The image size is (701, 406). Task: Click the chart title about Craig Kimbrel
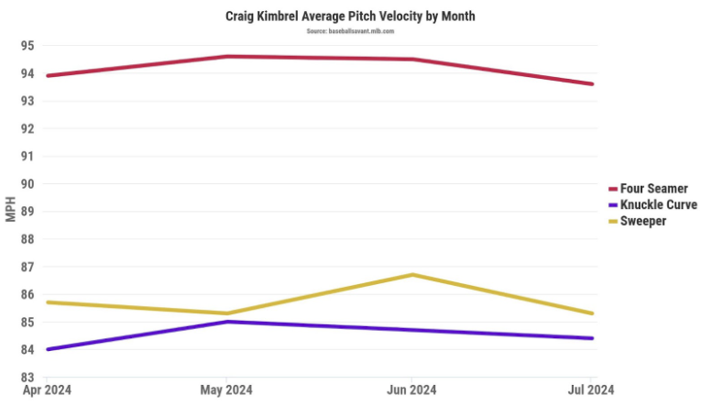[350, 16]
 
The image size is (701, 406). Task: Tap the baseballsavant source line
[350, 31]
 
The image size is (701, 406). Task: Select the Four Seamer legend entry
[653, 189]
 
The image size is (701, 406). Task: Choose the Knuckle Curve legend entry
[658, 205]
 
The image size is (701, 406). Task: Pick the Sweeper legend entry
[642, 221]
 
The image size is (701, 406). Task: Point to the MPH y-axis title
[11, 211]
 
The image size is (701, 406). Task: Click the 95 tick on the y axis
[27, 46]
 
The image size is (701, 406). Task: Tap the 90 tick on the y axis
[27, 183]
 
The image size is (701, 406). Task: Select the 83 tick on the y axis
[27, 377]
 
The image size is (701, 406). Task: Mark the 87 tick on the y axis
[27, 267]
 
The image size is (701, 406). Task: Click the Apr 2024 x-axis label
[45, 390]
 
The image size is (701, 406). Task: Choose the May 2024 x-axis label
[226, 390]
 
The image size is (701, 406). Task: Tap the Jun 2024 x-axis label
[411, 390]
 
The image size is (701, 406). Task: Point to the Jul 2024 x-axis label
[590, 390]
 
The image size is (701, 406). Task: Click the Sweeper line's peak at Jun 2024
[412, 274]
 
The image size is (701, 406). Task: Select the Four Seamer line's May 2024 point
[227, 56]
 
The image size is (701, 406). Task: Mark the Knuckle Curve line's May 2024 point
[227, 321]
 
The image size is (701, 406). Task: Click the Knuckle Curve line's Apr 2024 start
[47, 349]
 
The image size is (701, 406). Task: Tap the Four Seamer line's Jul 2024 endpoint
[592, 84]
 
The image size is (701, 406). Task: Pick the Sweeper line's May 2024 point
[227, 313]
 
